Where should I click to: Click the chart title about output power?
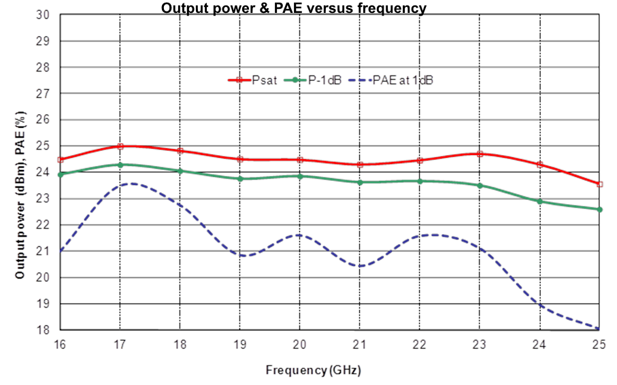point(293,8)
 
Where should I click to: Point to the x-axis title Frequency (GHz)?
point(313,370)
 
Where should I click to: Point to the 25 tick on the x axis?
point(599,346)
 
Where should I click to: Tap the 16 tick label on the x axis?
point(61,346)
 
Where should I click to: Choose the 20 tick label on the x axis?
point(300,346)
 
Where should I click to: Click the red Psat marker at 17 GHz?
point(120,146)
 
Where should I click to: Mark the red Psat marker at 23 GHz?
point(480,154)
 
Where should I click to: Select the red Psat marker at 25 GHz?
point(599,184)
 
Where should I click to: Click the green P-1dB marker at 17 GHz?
point(120,165)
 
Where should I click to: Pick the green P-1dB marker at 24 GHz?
point(539,201)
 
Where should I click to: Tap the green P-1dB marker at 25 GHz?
point(599,210)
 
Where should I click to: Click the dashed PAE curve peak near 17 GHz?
point(129,184)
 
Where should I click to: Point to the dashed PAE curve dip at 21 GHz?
point(360,266)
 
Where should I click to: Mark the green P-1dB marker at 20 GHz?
point(300,176)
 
